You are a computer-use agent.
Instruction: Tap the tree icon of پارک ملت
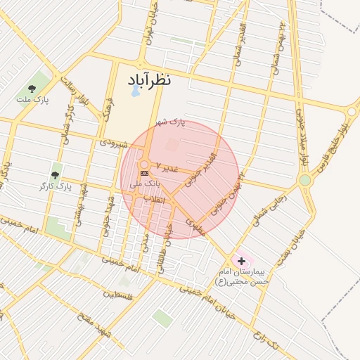[32, 89]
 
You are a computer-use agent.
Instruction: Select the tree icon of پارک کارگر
[55, 175]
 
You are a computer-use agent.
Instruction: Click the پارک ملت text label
[33, 100]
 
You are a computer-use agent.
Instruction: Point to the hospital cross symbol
[242, 260]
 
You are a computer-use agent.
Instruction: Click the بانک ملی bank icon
[144, 173]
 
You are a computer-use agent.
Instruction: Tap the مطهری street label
[194, 225]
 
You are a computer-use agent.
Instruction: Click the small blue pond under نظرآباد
[134, 91]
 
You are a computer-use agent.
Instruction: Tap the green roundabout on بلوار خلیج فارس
[305, 181]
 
